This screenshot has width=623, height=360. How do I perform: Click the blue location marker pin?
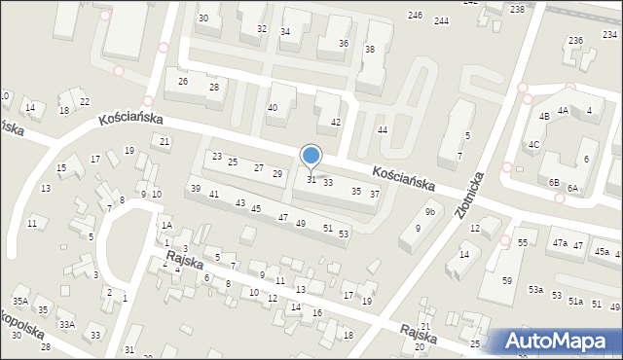pyautogui.click(x=311, y=157)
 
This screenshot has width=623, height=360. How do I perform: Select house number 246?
pyautogui.click(x=416, y=16)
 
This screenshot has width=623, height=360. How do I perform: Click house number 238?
pyautogui.click(x=517, y=9)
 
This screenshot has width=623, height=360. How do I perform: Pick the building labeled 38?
pyautogui.click(x=370, y=50)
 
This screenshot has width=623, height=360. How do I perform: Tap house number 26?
pyautogui.click(x=183, y=81)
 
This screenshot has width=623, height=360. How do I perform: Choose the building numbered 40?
pyautogui.click(x=273, y=108)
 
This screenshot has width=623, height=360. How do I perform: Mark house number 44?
pyautogui.click(x=383, y=129)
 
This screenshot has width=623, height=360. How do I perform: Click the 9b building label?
pyautogui.click(x=429, y=211)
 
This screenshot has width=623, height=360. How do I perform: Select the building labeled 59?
pyautogui.click(x=507, y=281)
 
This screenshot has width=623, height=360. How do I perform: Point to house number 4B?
pyautogui.click(x=545, y=117)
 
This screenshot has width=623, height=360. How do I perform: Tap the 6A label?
pyautogui.click(x=572, y=188)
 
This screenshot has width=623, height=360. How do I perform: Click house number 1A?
pyautogui.click(x=166, y=225)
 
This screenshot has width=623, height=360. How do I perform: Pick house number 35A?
pyautogui.click(x=20, y=302)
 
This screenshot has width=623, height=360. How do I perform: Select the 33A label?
pyautogui.click(x=66, y=324)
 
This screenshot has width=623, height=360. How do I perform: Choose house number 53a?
pyautogui.click(x=535, y=290)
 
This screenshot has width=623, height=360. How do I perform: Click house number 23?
pyautogui.click(x=217, y=157)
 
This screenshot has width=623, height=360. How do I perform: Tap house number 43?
pyautogui.click(x=240, y=202)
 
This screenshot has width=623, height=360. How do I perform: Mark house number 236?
pyautogui.click(x=575, y=40)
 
